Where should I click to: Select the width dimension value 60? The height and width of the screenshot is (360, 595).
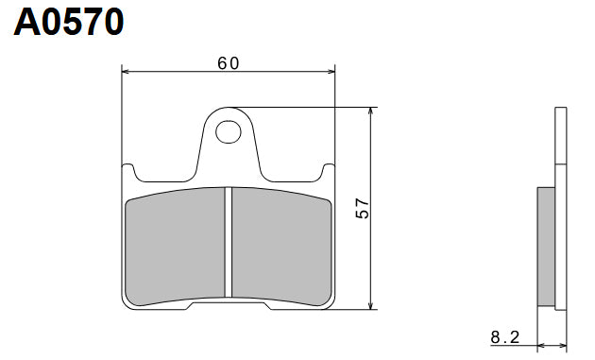coord(228,63)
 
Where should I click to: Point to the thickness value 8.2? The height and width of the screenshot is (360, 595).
coord(503,336)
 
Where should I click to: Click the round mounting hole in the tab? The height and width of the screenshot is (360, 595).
coord(228,130)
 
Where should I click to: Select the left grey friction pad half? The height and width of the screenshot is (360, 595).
coord(176,248)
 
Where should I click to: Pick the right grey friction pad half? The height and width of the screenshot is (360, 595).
coord(280,248)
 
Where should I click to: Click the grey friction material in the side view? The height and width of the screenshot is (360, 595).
coord(546,246)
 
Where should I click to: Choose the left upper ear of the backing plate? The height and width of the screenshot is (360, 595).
coord(130,169)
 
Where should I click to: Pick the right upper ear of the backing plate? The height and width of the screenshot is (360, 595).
coord(327,169)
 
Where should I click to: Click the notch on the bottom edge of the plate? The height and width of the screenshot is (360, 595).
coord(228,304)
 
